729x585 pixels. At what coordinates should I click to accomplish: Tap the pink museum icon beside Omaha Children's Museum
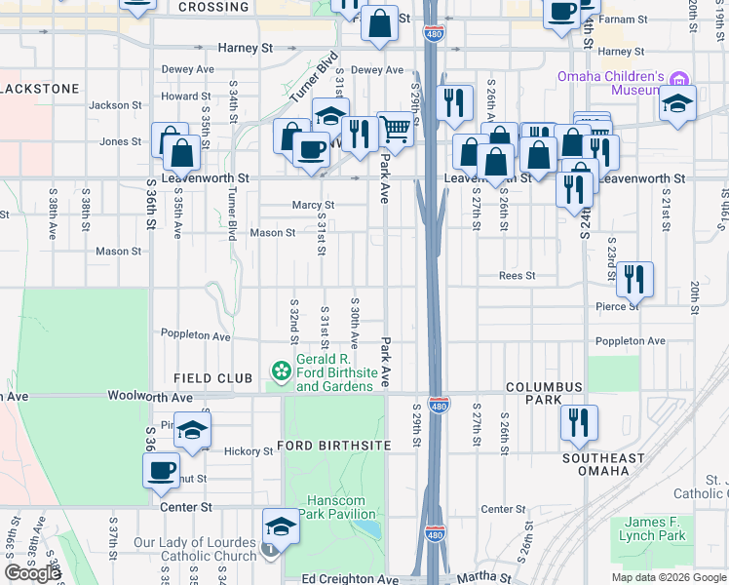coord(680,77)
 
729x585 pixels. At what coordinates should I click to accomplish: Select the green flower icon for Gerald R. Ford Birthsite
coord(281,371)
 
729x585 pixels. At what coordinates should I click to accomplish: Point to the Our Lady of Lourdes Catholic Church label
coord(195,550)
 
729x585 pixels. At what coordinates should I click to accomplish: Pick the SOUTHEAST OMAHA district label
coord(602,464)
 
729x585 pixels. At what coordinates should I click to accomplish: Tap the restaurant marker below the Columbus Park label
coord(579,423)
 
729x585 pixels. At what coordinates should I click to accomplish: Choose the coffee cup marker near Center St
coord(162,472)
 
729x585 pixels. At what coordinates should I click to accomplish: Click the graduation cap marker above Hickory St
coord(193,429)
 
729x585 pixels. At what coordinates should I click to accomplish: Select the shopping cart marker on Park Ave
coord(395,128)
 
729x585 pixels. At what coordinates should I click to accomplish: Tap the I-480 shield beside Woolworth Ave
coord(439,405)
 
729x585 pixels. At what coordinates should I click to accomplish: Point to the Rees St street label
coord(517,276)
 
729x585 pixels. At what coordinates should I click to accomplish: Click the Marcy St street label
coord(313,206)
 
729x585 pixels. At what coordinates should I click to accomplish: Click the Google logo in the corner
coord(32,573)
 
